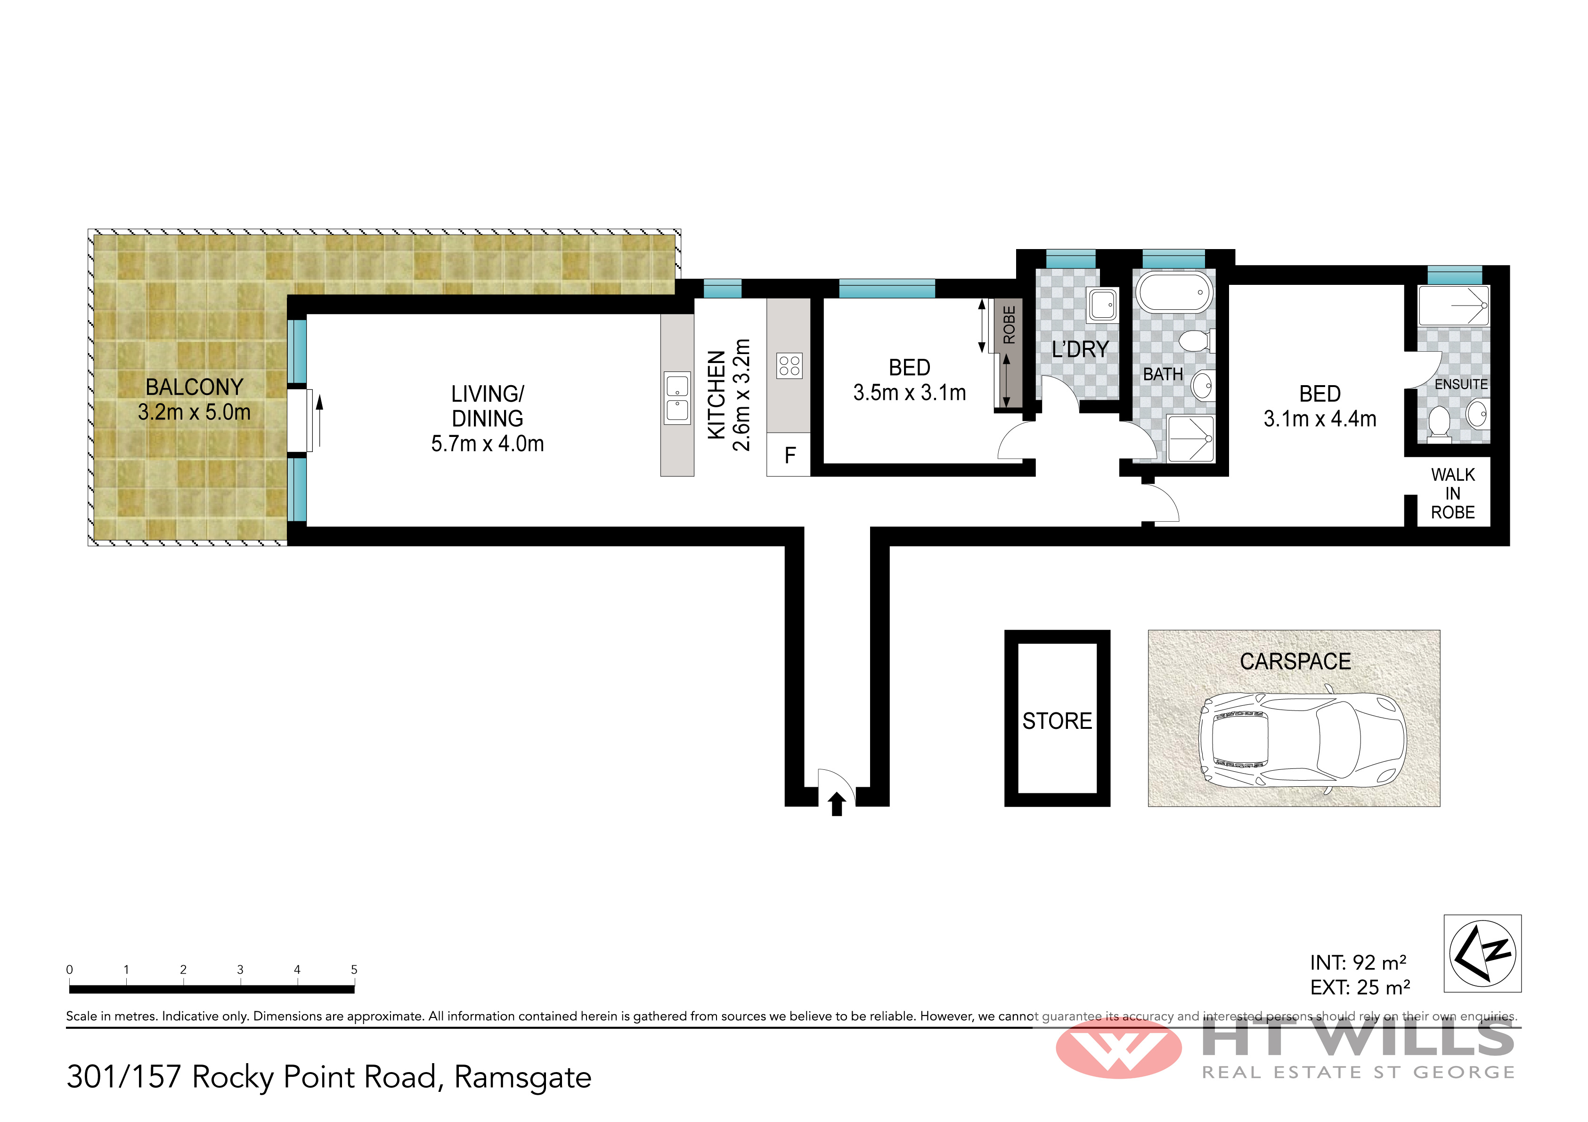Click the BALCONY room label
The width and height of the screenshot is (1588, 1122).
click(195, 387)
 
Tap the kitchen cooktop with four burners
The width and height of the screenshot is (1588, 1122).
click(789, 366)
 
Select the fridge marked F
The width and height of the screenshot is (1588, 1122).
click(789, 455)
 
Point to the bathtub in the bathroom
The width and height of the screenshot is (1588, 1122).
click(1175, 292)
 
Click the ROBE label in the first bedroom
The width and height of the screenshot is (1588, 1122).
click(1009, 325)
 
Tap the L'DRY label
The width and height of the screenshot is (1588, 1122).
click(1080, 350)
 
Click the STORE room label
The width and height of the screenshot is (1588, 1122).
click(1057, 721)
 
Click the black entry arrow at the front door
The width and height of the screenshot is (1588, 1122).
click(837, 804)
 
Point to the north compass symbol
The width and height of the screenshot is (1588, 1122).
click(1482, 953)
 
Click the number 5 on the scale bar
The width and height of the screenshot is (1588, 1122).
click(354, 969)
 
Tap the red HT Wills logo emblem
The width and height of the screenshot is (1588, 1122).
click(1118, 1049)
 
